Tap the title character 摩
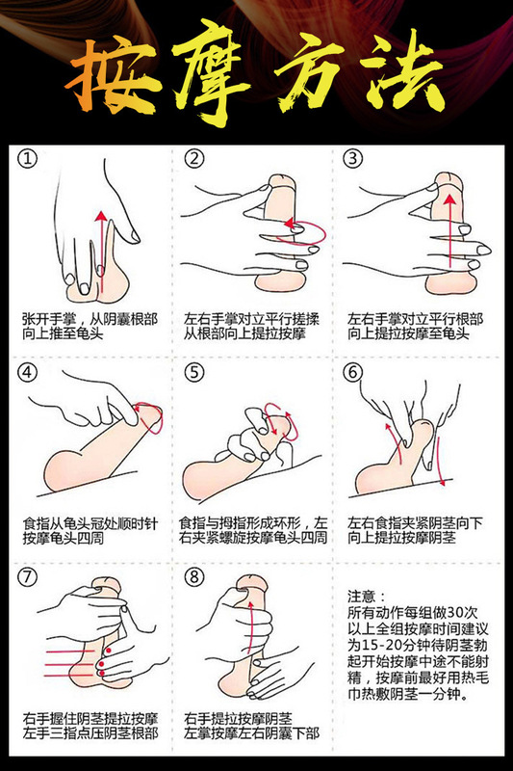[214, 73]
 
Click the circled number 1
[28, 159]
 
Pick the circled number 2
[193, 159]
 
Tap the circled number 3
[352, 159]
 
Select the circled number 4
[28, 372]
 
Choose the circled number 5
[193, 372]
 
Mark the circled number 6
[352, 372]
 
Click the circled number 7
[28, 576]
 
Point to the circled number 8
[193, 576]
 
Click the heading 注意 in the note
[361, 597]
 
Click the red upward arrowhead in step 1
[101, 216]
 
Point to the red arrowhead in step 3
[449, 199]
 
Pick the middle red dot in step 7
[102, 664]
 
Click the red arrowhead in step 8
[252, 603]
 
